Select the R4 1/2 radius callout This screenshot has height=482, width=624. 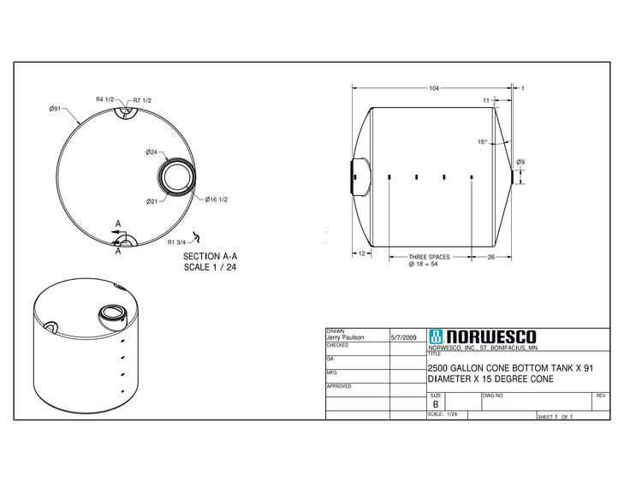tap(104, 99)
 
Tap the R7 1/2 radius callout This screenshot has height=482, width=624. tap(142, 100)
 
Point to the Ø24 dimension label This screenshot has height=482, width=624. tap(152, 152)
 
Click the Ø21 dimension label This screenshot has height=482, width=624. tap(152, 201)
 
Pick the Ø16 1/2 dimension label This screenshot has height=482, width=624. tap(217, 199)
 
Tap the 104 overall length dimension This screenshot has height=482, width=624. tap(435, 88)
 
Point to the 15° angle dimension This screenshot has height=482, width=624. tap(483, 142)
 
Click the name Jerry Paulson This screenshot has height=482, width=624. tap(346, 338)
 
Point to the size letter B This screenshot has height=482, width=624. tap(436, 404)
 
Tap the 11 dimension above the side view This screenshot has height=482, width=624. tap(486, 100)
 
